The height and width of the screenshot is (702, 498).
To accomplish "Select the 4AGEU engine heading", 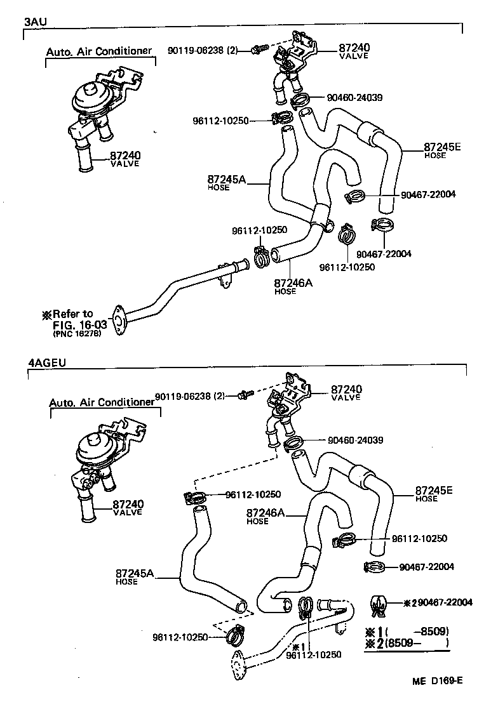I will tap(47, 364).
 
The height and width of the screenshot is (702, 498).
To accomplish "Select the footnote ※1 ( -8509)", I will tap(407, 632).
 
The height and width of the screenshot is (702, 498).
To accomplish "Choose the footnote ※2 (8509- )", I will tap(407, 643).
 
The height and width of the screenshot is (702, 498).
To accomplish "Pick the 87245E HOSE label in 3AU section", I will tap(442, 150).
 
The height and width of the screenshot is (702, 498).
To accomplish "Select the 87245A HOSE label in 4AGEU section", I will tap(135, 576).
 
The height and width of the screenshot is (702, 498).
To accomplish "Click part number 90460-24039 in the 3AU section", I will tap(355, 98).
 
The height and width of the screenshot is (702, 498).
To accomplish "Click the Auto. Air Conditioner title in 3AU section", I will tap(100, 51).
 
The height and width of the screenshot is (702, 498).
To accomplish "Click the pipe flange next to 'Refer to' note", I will tap(118, 320).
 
